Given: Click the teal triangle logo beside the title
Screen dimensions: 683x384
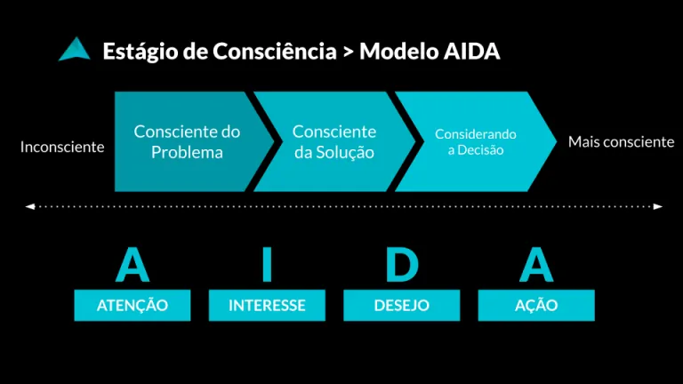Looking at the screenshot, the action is click(75, 50).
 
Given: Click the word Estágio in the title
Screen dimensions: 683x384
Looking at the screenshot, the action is click(141, 52).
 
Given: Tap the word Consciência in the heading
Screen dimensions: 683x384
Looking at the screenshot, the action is click(275, 51).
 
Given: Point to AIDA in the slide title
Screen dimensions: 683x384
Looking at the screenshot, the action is click(471, 52).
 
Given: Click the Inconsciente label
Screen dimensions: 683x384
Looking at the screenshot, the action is click(62, 148).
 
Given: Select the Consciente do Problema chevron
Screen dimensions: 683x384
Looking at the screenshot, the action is click(192, 141).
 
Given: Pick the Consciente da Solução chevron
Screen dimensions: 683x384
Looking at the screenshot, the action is click(334, 141).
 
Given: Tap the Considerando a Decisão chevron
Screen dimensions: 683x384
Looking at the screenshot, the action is click(476, 141).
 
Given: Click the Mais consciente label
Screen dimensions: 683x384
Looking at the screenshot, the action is click(621, 142).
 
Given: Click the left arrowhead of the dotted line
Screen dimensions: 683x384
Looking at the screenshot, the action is click(29, 206).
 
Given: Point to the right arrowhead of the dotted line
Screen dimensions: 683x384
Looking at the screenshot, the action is click(658, 206).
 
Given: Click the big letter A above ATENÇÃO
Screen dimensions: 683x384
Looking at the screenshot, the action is click(133, 264).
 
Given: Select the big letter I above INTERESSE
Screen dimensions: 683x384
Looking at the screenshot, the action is click(267, 264).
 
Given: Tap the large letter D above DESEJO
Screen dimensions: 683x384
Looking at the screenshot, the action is click(402, 264).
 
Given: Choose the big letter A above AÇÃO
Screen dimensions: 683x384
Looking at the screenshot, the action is click(536, 264).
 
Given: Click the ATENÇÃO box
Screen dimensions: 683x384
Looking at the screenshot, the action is click(133, 305).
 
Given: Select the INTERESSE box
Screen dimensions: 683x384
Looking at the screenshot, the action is click(267, 305).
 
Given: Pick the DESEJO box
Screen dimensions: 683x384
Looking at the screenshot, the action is click(402, 305).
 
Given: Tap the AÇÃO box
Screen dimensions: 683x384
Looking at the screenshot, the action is click(536, 305).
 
